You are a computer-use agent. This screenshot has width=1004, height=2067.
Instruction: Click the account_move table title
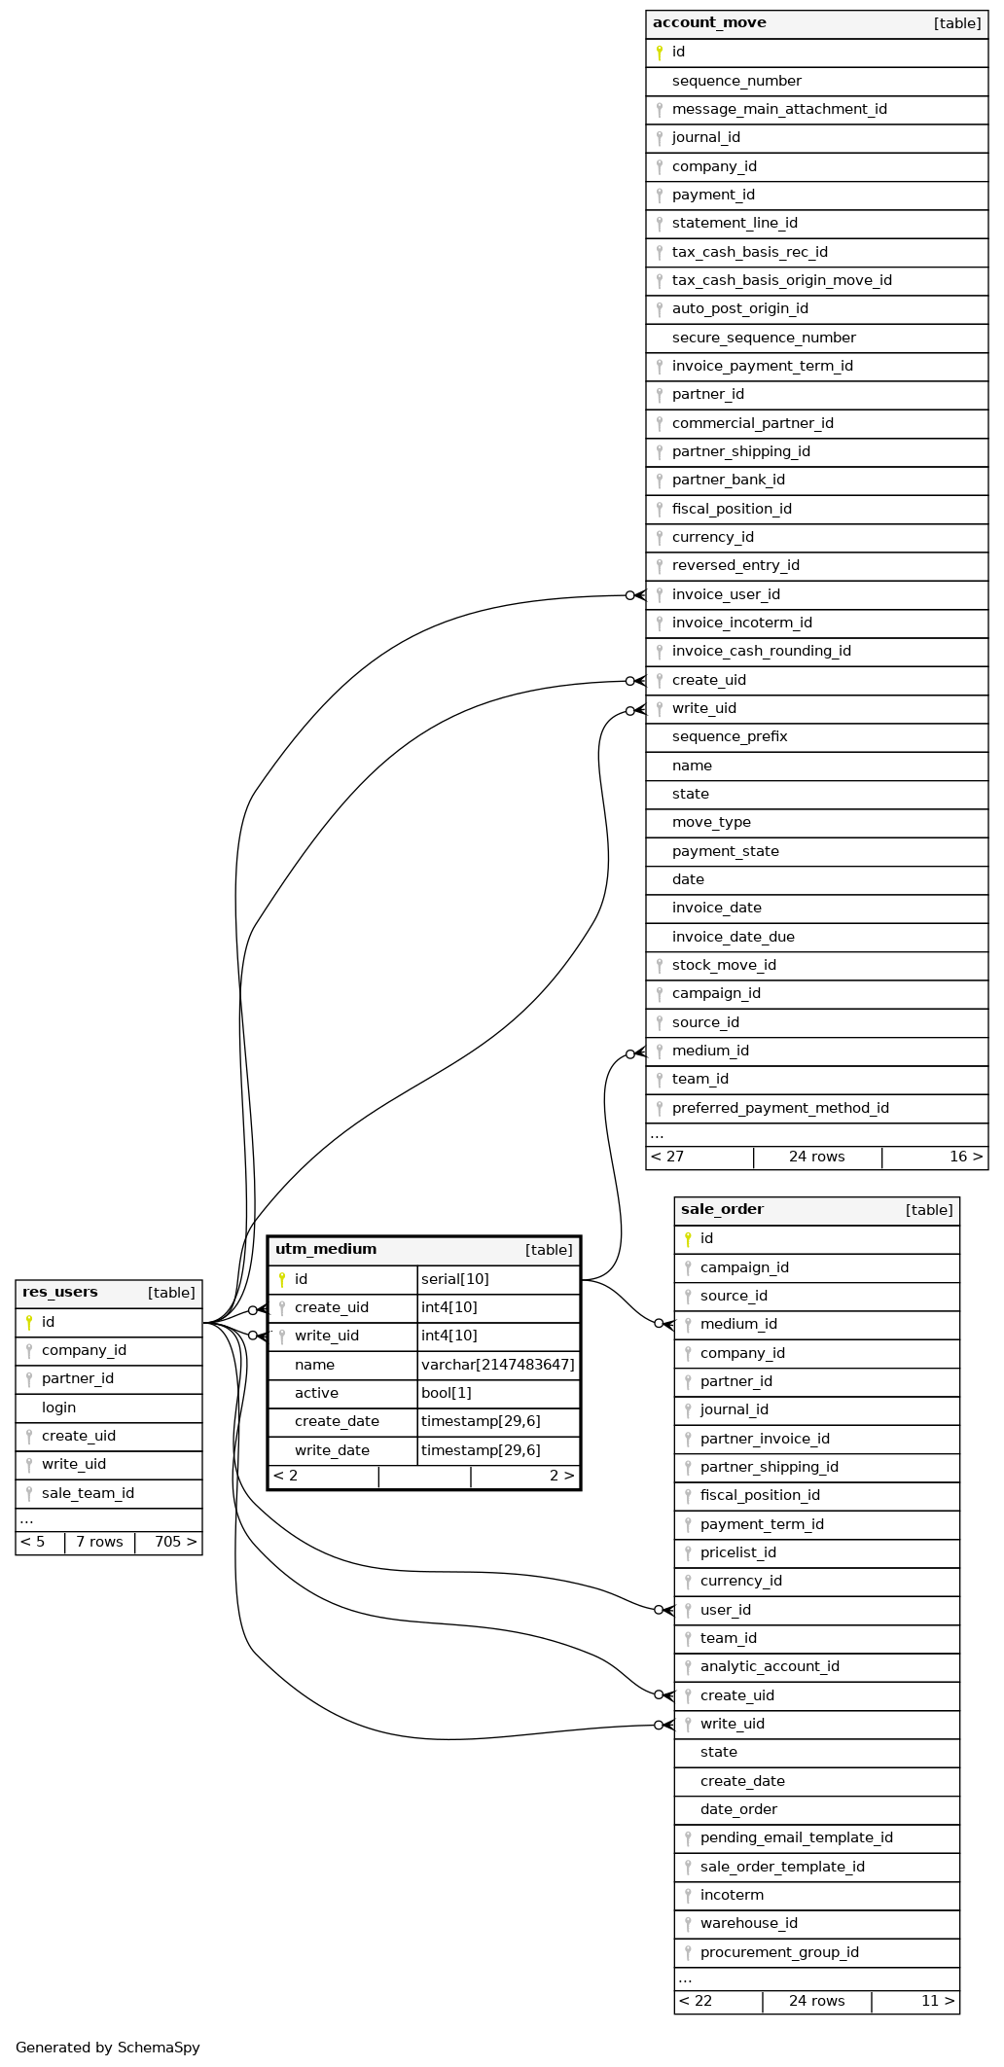click(x=709, y=23)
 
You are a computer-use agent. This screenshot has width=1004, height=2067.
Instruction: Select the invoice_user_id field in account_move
click(x=726, y=594)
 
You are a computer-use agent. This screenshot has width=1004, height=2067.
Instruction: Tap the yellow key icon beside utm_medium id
click(x=282, y=1279)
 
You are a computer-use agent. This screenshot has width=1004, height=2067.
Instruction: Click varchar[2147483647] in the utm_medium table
click(x=497, y=1365)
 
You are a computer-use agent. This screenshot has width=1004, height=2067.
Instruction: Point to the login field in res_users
click(x=59, y=1408)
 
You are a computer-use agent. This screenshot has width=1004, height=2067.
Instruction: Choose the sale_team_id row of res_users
click(x=88, y=1493)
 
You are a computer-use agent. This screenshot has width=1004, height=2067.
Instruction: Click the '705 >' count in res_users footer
click(x=175, y=1542)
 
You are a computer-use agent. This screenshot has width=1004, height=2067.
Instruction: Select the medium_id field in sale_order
click(x=738, y=1324)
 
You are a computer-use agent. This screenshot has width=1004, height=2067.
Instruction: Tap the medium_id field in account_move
click(x=710, y=1051)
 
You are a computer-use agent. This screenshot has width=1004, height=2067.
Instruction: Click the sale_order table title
click(x=722, y=1210)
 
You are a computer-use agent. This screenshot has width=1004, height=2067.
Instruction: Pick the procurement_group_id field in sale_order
click(x=779, y=1952)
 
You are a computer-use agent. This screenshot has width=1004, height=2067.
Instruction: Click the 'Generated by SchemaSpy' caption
click(x=108, y=2048)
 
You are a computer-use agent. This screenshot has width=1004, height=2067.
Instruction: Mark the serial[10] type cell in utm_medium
click(x=454, y=1279)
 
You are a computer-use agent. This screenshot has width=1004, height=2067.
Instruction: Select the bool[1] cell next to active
click(x=446, y=1393)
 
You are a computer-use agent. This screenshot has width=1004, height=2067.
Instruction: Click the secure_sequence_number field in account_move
click(x=764, y=338)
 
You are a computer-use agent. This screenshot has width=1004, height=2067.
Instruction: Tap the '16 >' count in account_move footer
click(x=965, y=1157)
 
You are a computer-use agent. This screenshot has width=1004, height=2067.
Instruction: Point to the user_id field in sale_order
click(x=725, y=1610)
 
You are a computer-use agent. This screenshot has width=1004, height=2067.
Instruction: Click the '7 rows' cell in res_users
click(x=99, y=1542)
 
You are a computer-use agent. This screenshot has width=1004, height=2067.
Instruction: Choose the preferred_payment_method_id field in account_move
click(x=780, y=1108)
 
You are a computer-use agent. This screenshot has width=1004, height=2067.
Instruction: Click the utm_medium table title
click(x=326, y=1250)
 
